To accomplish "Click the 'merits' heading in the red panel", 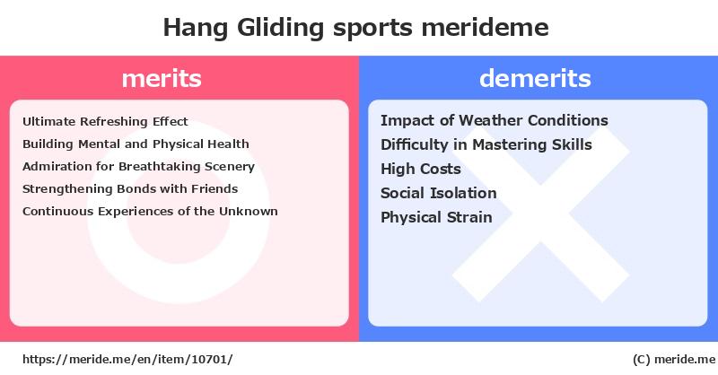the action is pos(162,78).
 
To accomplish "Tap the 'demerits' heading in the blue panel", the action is pos(535,78).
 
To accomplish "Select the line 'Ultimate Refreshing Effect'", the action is pos(105,121).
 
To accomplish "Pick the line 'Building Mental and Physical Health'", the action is pos(136,144).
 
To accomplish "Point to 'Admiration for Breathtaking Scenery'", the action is pos(139,167).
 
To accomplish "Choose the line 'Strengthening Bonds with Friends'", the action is pos(130,189).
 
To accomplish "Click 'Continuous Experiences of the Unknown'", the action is pos(150,211).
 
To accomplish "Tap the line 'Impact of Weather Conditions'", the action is pos(495,120).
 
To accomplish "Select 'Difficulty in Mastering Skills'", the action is pos(486,144).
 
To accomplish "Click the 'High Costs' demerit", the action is pos(421,169).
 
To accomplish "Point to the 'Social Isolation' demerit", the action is pos(439,193).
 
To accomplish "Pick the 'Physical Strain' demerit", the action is pos(436,217).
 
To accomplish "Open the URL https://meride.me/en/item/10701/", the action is pos(127,360).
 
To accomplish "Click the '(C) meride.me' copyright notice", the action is pos(674,360).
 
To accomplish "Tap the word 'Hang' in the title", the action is pos(196,28).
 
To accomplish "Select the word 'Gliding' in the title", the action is pos(280,28).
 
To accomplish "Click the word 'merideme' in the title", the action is pos(485,28).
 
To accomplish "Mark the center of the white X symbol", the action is pos(541,214).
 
